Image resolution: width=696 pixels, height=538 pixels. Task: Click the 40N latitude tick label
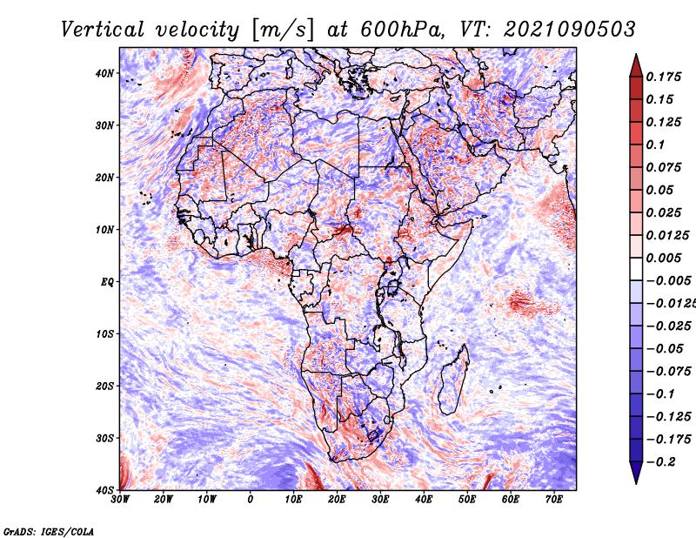tap(104, 73)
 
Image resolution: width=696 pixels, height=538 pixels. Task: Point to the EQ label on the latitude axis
tap(107, 282)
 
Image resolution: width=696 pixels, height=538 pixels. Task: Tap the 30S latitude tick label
tap(104, 438)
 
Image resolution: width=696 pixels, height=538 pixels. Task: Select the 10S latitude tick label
tap(104, 333)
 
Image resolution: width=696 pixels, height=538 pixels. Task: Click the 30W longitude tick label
tap(120, 500)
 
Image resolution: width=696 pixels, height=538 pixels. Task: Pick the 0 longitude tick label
tap(251, 500)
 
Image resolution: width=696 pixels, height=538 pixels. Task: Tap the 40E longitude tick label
tap(424, 500)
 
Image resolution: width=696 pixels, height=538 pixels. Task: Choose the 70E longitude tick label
tap(554, 500)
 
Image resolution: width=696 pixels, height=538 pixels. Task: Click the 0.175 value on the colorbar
tap(664, 77)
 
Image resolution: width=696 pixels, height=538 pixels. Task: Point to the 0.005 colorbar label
tap(664, 258)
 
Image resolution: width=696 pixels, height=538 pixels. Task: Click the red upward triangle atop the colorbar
tap(636, 66)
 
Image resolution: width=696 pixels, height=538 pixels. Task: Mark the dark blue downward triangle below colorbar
tap(636, 473)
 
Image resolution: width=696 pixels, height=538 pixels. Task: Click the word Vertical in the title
tap(103, 30)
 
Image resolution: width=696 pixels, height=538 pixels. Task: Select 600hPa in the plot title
tap(401, 30)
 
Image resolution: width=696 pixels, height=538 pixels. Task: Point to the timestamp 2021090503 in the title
tap(570, 30)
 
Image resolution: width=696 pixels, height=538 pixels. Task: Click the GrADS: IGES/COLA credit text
tap(49, 532)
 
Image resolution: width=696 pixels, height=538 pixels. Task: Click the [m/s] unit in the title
tap(283, 30)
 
